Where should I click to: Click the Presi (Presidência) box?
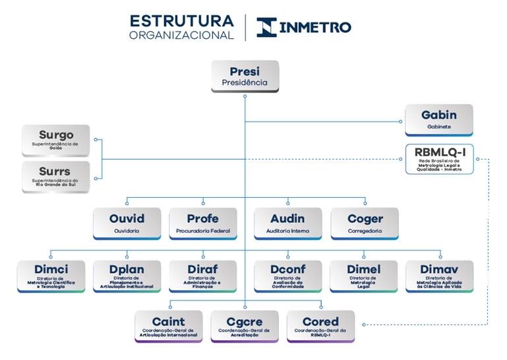click(245, 76)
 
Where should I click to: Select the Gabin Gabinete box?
click(438, 120)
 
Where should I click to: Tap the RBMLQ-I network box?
click(439, 159)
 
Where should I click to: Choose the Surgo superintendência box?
click(56, 140)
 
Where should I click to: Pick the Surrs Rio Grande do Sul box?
click(56, 176)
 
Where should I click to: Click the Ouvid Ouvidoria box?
click(127, 223)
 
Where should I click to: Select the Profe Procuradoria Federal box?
click(202, 223)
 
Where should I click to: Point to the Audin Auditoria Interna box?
click(287, 223)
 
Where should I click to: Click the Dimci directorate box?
click(51, 276)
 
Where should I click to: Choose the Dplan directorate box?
click(127, 276)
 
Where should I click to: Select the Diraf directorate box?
click(202, 276)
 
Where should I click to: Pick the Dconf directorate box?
click(287, 276)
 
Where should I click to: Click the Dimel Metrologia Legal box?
click(364, 276)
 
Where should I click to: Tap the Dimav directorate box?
click(438, 276)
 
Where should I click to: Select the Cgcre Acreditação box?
click(244, 326)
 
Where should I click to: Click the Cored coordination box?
click(320, 326)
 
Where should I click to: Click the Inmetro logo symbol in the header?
click(266, 27)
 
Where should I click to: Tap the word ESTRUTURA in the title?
click(182, 20)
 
